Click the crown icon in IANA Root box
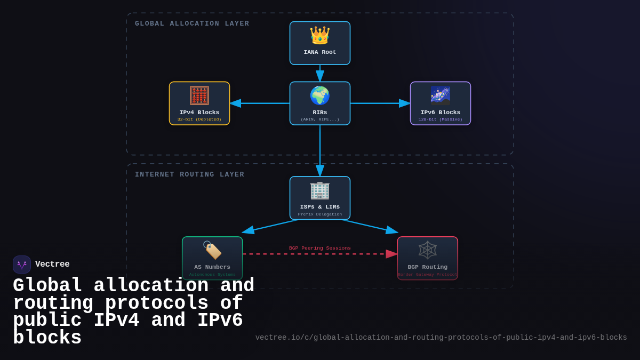[x=320, y=36]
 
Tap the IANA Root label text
[x=320, y=52]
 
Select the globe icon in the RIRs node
[x=320, y=96]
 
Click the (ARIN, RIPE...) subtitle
[x=320, y=119]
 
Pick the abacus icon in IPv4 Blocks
[x=199, y=96]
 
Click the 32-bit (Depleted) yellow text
[x=199, y=119]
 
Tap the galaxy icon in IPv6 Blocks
[x=441, y=96]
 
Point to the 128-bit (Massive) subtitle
[x=441, y=119]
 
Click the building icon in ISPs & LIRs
[x=320, y=190]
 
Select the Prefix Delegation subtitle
[x=320, y=214]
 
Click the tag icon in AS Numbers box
[x=212, y=250]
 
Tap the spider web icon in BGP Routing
[x=428, y=250]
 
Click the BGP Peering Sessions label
[x=320, y=248]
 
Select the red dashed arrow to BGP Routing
[x=320, y=254]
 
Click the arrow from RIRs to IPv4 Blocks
[x=260, y=103]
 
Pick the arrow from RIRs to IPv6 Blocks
[x=380, y=103]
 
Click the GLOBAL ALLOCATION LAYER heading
[x=192, y=23]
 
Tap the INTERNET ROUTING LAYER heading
[x=189, y=174]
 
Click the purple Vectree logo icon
[x=22, y=265]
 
